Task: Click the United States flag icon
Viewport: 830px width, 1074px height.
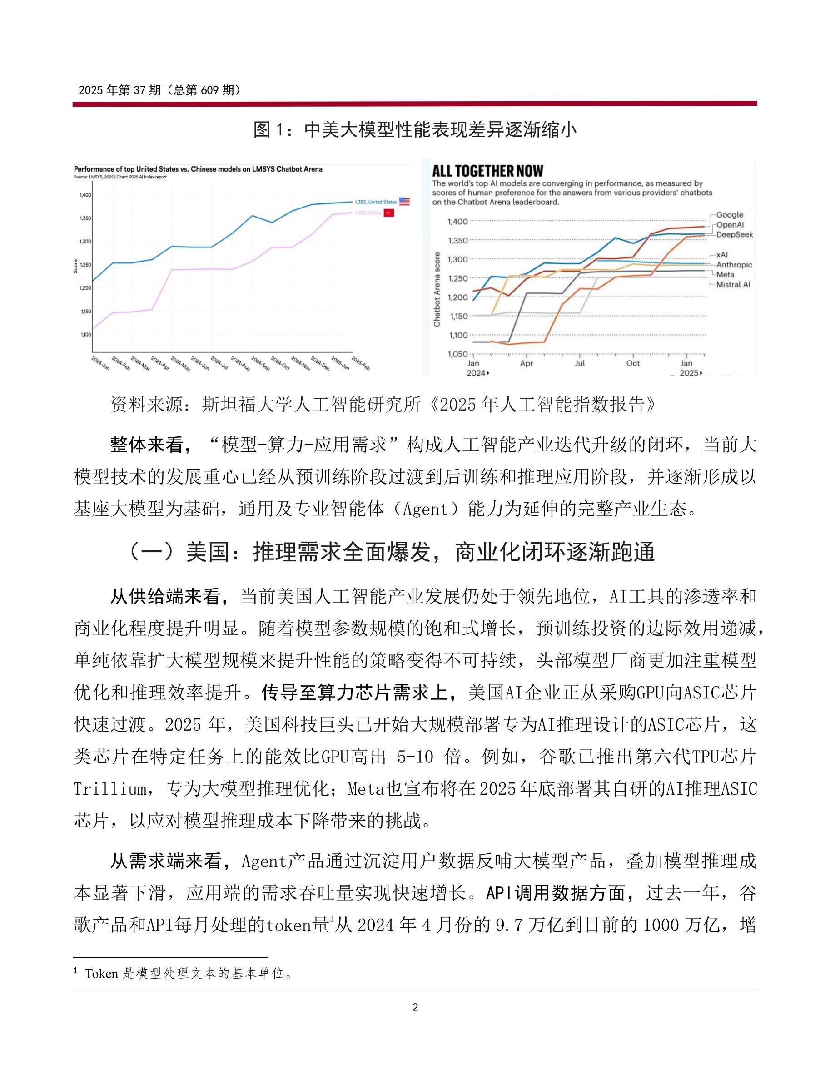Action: tap(404, 202)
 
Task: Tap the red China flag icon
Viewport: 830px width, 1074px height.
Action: tap(389, 213)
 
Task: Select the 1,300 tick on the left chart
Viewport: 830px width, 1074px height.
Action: tap(85, 242)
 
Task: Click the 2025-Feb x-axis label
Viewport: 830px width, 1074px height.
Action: tap(361, 363)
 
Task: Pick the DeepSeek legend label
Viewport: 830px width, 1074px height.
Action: tap(734, 235)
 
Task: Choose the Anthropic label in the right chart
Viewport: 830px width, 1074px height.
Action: tap(734, 265)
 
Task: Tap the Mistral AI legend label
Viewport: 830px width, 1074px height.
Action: tap(733, 284)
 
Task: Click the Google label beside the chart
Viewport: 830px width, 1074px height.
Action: tap(729, 215)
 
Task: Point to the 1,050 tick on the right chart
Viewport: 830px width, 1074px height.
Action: tap(457, 354)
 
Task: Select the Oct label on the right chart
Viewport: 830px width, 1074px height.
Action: tap(633, 363)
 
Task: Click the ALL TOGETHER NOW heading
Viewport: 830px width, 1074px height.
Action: tap(487, 171)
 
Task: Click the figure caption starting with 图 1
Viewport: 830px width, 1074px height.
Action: tap(415, 130)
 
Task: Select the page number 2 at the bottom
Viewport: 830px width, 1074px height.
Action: tap(415, 1007)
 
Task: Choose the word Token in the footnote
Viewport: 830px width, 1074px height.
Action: tap(101, 973)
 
